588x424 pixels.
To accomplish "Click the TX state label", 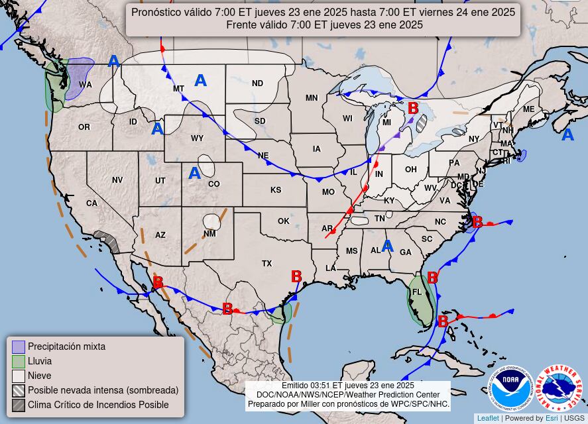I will tap(266, 264).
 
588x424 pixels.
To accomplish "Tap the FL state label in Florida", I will tap(417, 292).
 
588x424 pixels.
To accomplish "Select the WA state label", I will tap(86, 85).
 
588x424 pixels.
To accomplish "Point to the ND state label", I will tap(257, 83).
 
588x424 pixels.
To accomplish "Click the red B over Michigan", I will tap(413, 108).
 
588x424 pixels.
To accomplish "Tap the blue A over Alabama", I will tap(388, 246).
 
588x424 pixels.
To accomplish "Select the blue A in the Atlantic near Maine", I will tap(567, 135).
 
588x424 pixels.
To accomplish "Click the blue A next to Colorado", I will tap(194, 174).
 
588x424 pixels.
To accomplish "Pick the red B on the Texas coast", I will tap(296, 277).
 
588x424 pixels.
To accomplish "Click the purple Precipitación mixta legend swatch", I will tap(19, 346).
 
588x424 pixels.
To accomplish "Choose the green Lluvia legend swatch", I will tap(19, 361).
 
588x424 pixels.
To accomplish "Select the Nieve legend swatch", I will tap(19, 376).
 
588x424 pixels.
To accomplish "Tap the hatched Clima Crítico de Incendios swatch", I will tap(19, 405).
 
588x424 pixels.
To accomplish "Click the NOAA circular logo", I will tap(511, 388).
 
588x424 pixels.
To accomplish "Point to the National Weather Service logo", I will tap(558, 388).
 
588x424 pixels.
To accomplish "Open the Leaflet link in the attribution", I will tap(488, 418).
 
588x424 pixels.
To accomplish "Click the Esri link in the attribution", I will tap(551, 418).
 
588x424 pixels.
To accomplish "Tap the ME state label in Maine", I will tap(528, 109).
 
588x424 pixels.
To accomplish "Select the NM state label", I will tap(209, 234).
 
